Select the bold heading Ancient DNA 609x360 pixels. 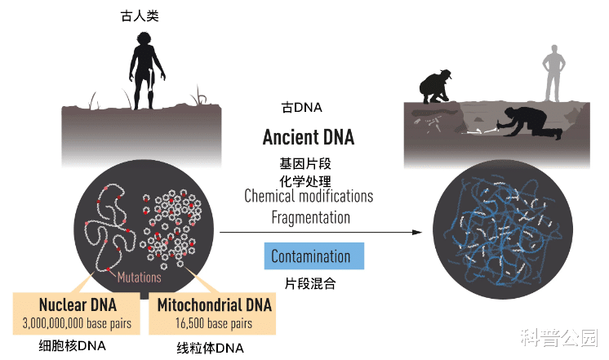(x=308, y=137)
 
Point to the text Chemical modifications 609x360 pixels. (x=309, y=196)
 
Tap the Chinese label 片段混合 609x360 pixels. (x=310, y=284)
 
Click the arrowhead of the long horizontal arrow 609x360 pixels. (x=418, y=233)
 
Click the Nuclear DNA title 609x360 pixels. (x=78, y=305)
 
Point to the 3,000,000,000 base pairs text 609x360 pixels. (x=78, y=323)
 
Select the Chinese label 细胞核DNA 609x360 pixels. (x=73, y=344)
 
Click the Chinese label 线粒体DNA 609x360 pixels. (x=211, y=348)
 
